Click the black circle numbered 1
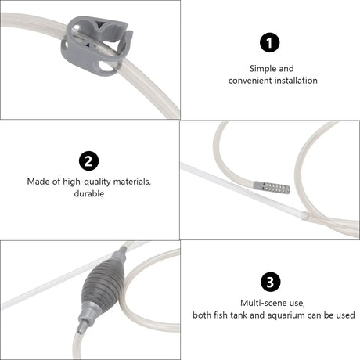coord(270,42)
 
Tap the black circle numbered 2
coord(88,160)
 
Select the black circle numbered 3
coord(270,282)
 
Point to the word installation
coord(296,81)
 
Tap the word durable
coord(89,193)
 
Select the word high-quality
coord(86,182)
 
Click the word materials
coord(132,182)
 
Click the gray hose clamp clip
coord(96,46)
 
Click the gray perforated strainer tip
coord(272,188)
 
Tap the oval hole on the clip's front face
coord(106,66)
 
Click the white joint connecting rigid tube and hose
coord(304,215)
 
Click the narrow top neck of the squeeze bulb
coord(121,251)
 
